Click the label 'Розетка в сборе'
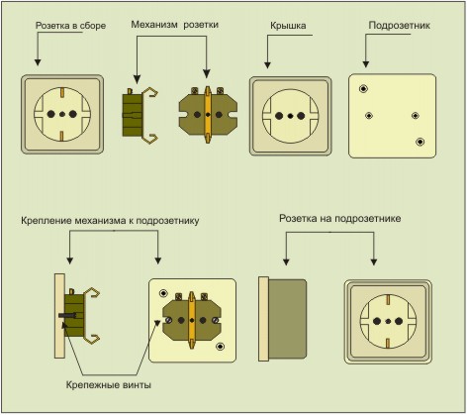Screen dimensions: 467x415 (70, 26)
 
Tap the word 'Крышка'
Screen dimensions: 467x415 (288, 26)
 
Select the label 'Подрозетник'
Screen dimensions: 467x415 (400, 26)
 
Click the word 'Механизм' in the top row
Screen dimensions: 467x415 (154, 25)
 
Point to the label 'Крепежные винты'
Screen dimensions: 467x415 (109, 385)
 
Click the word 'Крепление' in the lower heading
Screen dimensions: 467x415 (47, 221)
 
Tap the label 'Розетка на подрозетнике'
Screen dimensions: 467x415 (340, 219)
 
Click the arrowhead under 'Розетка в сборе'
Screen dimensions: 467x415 (38, 62)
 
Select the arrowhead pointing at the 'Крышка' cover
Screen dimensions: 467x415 (267, 65)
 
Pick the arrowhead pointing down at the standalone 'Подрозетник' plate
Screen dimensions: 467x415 (365, 64)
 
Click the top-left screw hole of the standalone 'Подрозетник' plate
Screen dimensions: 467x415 (363, 88)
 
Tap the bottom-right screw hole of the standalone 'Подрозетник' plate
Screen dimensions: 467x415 (420, 142)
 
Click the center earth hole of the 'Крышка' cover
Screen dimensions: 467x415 (290, 116)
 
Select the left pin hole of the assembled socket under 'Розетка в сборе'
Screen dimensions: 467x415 (50, 114)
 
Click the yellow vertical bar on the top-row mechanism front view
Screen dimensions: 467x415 (208, 115)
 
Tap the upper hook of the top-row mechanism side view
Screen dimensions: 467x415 (150, 92)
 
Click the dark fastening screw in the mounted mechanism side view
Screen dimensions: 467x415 (67, 316)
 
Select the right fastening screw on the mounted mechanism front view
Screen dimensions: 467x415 (216, 320)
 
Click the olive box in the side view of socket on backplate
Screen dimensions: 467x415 (288, 319)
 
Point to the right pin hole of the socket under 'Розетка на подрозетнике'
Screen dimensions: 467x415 (399, 321)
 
